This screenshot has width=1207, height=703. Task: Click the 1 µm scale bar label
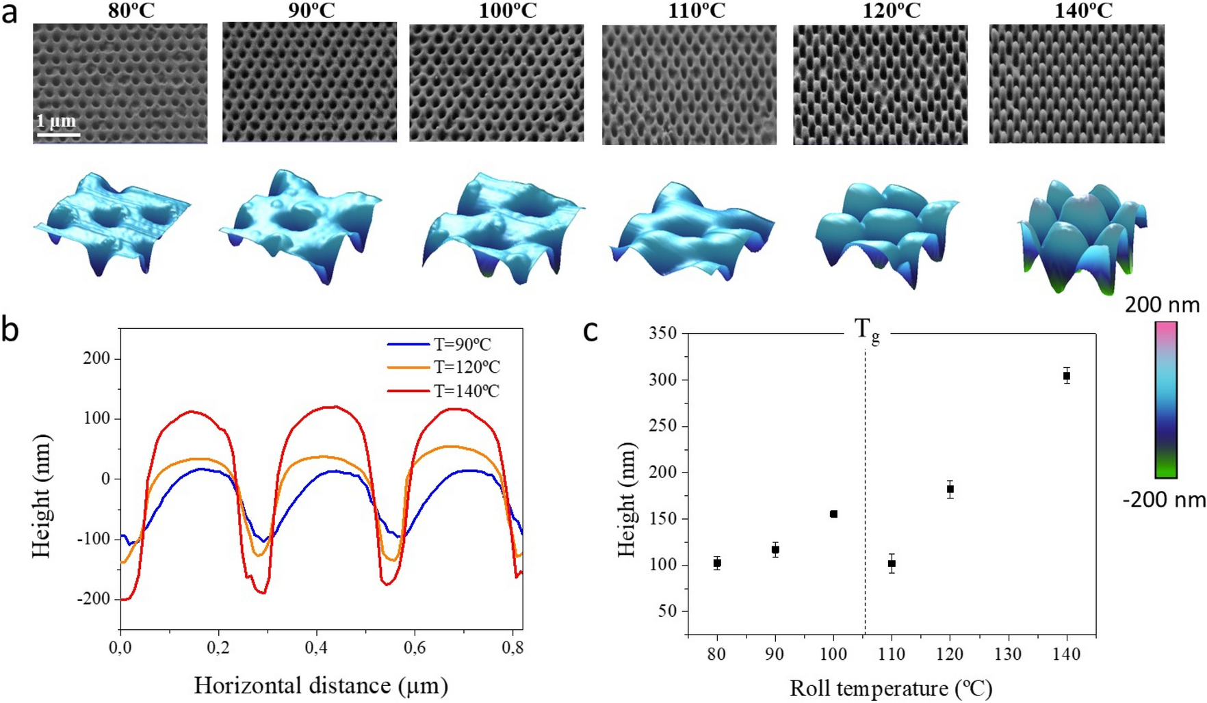[56, 122]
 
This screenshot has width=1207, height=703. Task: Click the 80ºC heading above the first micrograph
[131, 12]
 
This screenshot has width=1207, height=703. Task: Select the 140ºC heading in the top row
[1083, 12]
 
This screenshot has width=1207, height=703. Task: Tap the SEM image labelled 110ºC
[689, 85]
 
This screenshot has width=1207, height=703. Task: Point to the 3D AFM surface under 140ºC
[1080, 237]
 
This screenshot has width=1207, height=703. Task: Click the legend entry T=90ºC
[462, 345]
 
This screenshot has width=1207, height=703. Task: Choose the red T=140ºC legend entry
[466, 391]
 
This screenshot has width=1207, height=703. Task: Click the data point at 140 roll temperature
[1066, 375]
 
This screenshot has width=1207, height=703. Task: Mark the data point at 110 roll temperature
[892, 563]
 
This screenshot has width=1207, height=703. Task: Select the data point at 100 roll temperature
[833, 514]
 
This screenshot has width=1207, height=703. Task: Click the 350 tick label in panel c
[662, 333]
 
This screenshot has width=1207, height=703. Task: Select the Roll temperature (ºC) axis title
[890, 689]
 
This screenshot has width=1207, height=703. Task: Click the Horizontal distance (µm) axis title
[321, 685]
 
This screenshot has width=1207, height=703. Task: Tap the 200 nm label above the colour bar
[1162, 305]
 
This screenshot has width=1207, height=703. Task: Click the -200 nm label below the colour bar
[1164, 500]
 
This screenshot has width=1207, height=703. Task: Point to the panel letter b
[10, 330]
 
